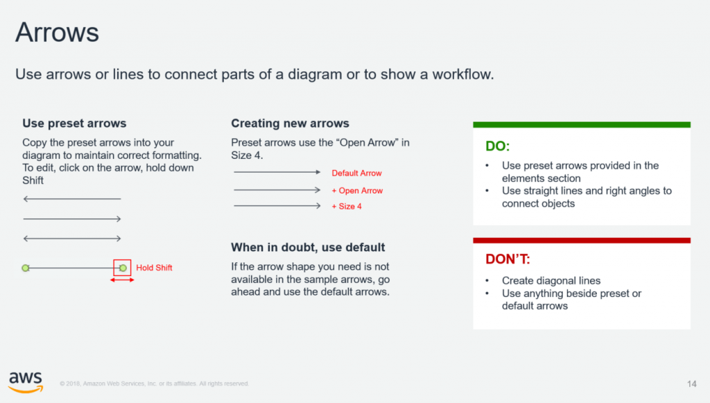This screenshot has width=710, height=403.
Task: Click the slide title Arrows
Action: [x=57, y=33]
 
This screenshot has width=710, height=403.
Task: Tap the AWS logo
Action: [x=26, y=382]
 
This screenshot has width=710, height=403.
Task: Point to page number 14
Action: [x=691, y=384]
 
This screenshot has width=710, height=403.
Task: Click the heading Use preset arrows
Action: [x=74, y=123]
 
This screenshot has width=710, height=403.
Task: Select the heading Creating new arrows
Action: [x=291, y=123]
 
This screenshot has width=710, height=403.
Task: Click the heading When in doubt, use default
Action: [x=308, y=247]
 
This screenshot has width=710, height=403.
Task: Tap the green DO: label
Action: [x=498, y=146]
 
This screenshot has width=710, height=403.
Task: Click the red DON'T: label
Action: [x=508, y=259]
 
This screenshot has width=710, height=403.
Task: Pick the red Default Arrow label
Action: [x=357, y=173]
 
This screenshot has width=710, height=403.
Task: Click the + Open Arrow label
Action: [x=357, y=191]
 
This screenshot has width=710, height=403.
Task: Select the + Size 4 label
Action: [x=347, y=207]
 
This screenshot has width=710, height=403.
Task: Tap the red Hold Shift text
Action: [x=154, y=268]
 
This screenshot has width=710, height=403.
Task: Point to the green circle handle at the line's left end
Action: [x=26, y=268]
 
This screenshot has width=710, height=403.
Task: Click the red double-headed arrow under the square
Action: [x=122, y=280]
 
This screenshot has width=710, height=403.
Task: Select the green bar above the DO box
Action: [x=582, y=125]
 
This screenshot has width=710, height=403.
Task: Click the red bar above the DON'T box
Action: [x=582, y=241]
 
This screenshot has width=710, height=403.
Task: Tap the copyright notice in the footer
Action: [x=155, y=384]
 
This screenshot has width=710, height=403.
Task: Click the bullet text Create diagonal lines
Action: [x=551, y=281]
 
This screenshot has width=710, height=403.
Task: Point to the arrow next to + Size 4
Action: [x=277, y=205]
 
